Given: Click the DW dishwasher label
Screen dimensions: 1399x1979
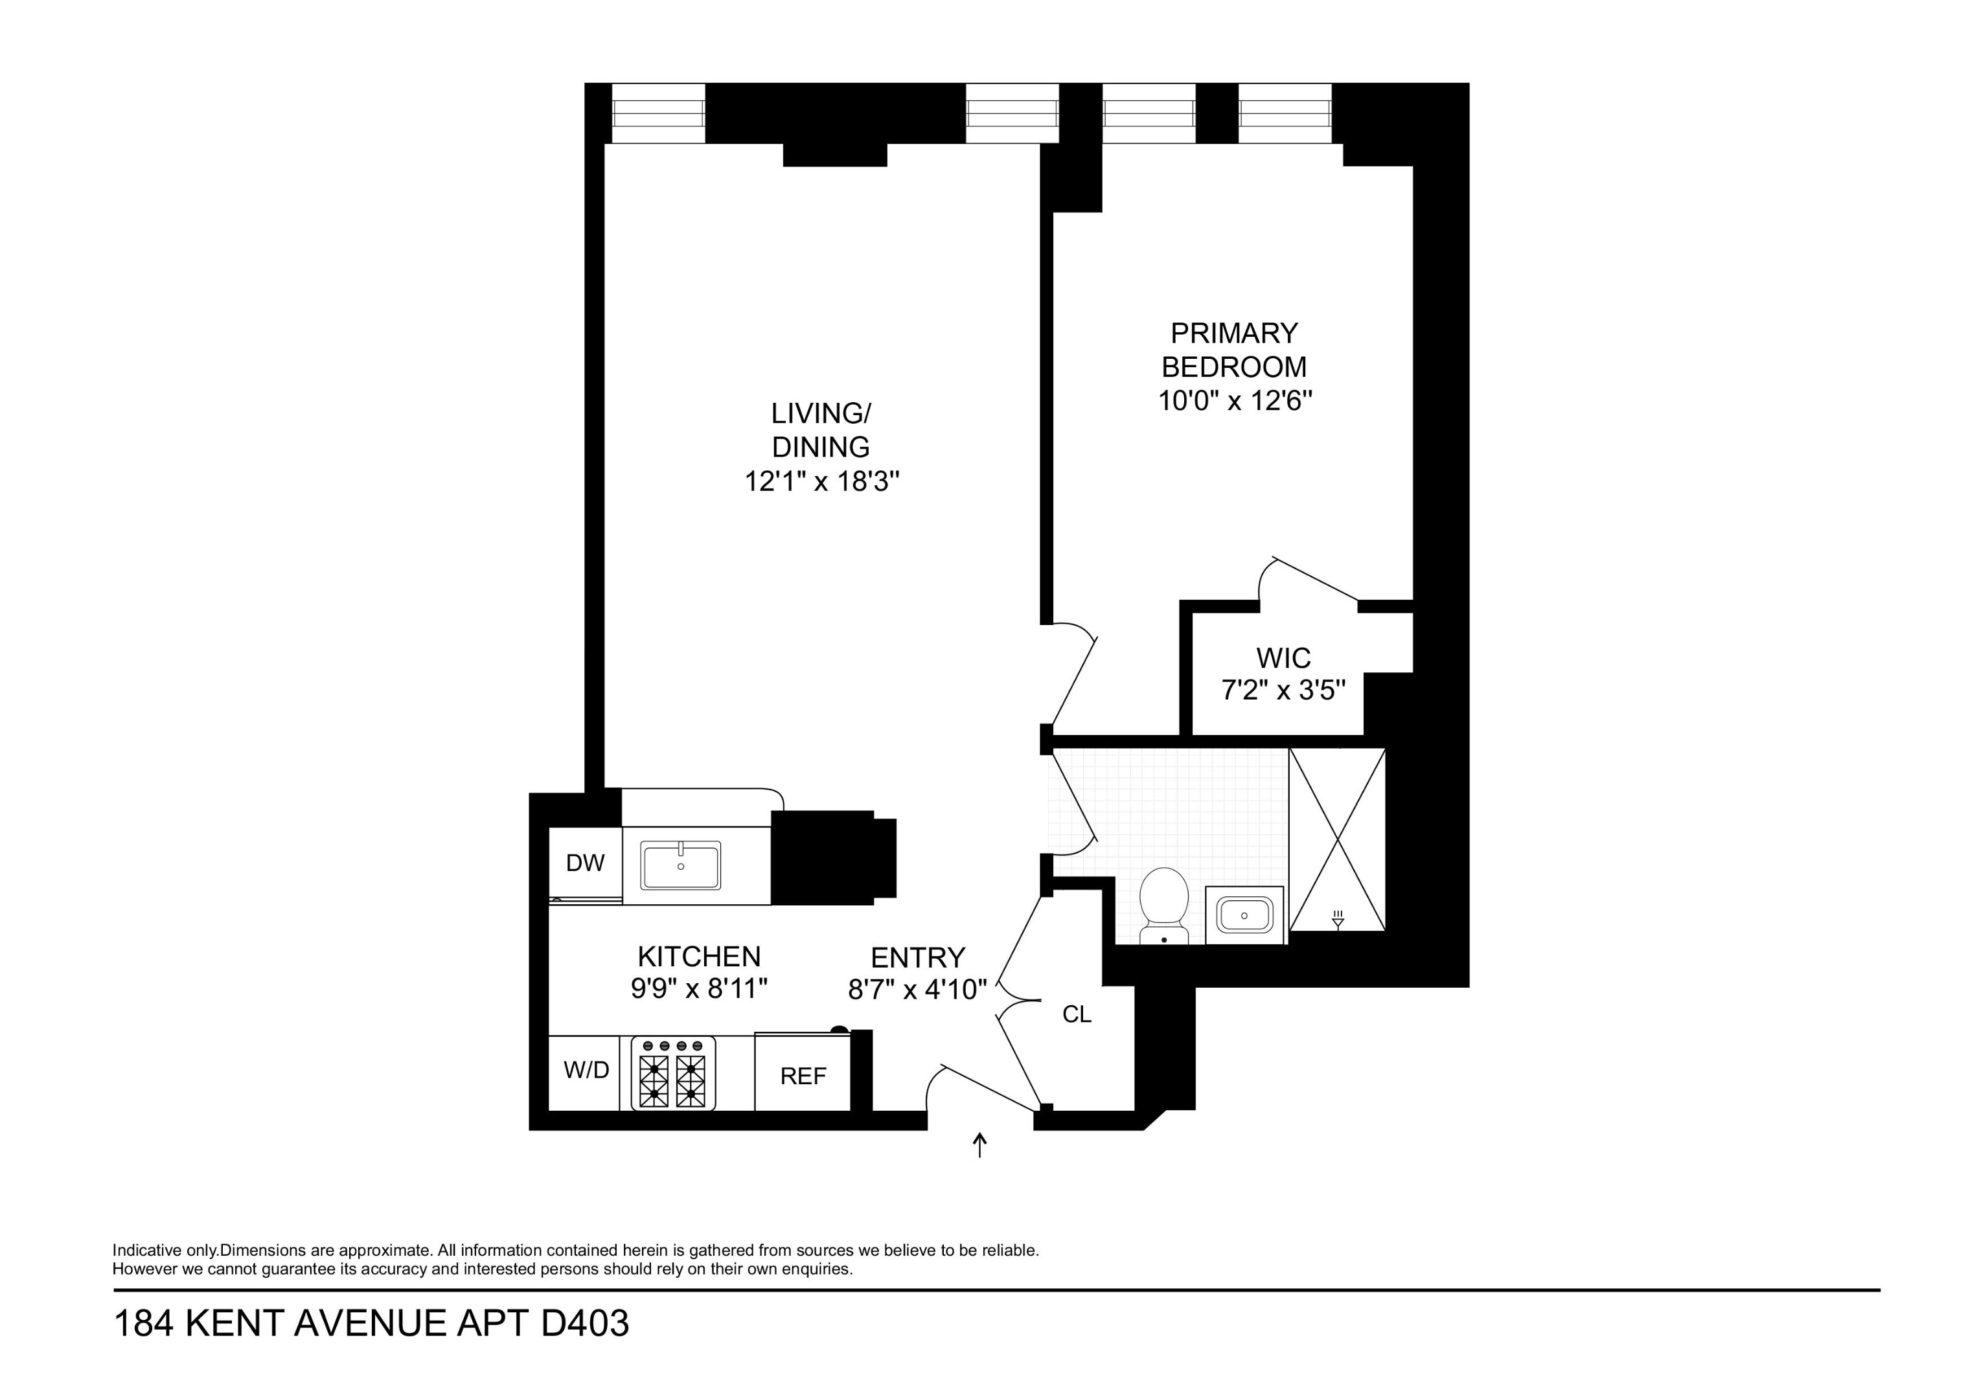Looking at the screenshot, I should (585, 863).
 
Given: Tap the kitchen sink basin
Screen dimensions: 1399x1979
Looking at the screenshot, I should (680, 865).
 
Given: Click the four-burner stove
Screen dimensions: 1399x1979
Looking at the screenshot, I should (672, 1074).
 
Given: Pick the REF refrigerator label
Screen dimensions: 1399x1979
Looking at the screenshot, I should (803, 1076).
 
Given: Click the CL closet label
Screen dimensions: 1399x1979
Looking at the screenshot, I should (1077, 1014).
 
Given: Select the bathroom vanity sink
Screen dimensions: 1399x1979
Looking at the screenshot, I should (1244, 915).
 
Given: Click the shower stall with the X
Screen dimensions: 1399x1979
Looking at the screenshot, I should (1337, 839).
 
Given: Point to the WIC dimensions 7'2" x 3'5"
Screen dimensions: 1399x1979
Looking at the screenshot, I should (1283, 690).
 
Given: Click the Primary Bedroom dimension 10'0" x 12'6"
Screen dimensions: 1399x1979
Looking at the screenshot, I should (1234, 401).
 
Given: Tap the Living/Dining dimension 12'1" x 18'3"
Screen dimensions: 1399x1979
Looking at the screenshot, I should (821, 481).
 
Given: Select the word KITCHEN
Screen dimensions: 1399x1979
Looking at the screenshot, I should (699, 956).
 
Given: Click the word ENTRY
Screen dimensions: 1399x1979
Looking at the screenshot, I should (917, 958).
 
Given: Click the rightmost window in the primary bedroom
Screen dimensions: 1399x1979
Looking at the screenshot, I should (1285, 114).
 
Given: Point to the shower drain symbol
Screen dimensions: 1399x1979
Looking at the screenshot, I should (1338, 920).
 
